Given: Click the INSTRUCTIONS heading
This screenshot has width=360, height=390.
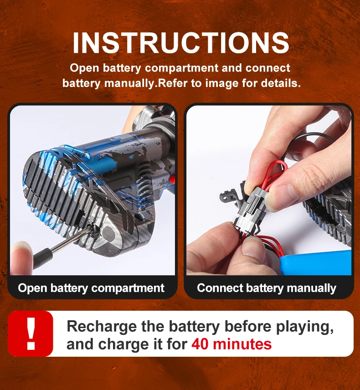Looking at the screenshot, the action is pyautogui.click(x=181, y=43).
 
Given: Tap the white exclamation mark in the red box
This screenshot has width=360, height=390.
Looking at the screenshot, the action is pyautogui.click(x=31, y=334).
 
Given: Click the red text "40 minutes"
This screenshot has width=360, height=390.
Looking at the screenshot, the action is pyautogui.click(x=231, y=344).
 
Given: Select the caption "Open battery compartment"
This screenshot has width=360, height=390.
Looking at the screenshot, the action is pyautogui.click(x=91, y=288).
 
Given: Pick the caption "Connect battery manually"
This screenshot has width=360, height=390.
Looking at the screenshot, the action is pyautogui.click(x=267, y=288).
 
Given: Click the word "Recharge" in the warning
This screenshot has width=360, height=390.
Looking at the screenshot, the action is pyautogui.click(x=102, y=327).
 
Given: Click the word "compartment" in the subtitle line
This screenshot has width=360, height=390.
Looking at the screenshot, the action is pyautogui.click(x=181, y=68).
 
